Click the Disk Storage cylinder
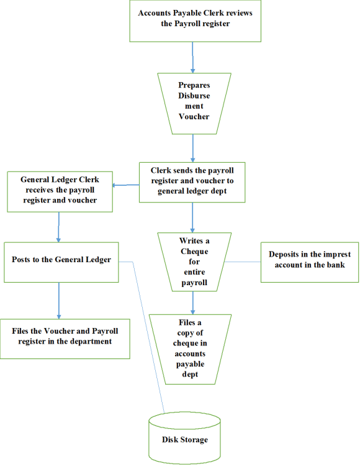(x=184, y=438)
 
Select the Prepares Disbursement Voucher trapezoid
(x=194, y=103)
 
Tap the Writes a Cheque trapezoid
(x=194, y=262)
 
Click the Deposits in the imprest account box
(x=310, y=262)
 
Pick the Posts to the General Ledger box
(x=61, y=262)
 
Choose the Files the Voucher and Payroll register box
(x=65, y=339)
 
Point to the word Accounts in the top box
(x=155, y=13)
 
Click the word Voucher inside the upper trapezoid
(x=194, y=117)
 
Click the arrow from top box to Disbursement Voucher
(x=192, y=57)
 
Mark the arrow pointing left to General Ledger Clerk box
(x=126, y=185)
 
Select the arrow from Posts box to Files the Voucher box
(x=59, y=301)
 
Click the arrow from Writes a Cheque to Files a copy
(x=192, y=303)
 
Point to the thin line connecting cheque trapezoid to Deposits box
(x=243, y=262)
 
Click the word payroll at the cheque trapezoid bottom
(x=194, y=283)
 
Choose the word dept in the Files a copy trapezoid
(x=190, y=374)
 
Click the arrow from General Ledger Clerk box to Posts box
(x=58, y=227)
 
